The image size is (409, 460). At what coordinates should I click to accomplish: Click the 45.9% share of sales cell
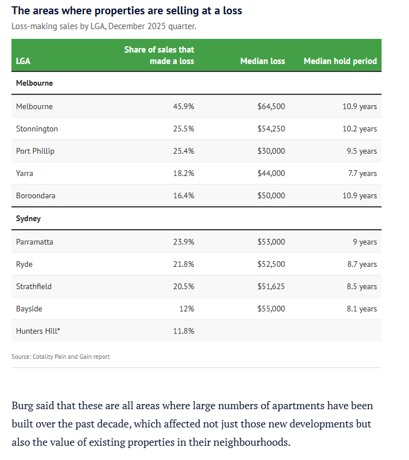[183, 106]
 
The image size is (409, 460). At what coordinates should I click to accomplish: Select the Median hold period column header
[340, 61]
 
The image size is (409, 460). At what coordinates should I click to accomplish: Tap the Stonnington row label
[37, 129]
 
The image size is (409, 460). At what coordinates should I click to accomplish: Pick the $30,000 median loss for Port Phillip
[271, 151]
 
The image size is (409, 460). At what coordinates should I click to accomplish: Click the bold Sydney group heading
[28, 218]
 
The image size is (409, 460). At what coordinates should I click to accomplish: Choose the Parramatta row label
[35, 242]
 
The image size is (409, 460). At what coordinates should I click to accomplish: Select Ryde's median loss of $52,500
[271, 264]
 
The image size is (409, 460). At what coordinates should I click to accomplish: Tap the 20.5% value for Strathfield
[183, 286]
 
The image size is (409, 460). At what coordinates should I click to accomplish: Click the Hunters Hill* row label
[38, 331]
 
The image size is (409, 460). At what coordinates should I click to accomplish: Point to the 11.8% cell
[183, 331]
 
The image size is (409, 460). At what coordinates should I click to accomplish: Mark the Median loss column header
[262, 61]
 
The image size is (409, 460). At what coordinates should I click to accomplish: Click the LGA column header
[23, 61]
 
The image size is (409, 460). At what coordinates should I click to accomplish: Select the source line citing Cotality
[61, 357]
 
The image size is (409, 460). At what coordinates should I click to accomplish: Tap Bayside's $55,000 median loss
[271, 309]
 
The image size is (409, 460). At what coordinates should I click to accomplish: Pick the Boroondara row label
[36, 195]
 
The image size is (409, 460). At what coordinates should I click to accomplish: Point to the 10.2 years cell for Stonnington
[359, 129]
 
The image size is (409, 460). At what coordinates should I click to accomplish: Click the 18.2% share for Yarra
[183, 173]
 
